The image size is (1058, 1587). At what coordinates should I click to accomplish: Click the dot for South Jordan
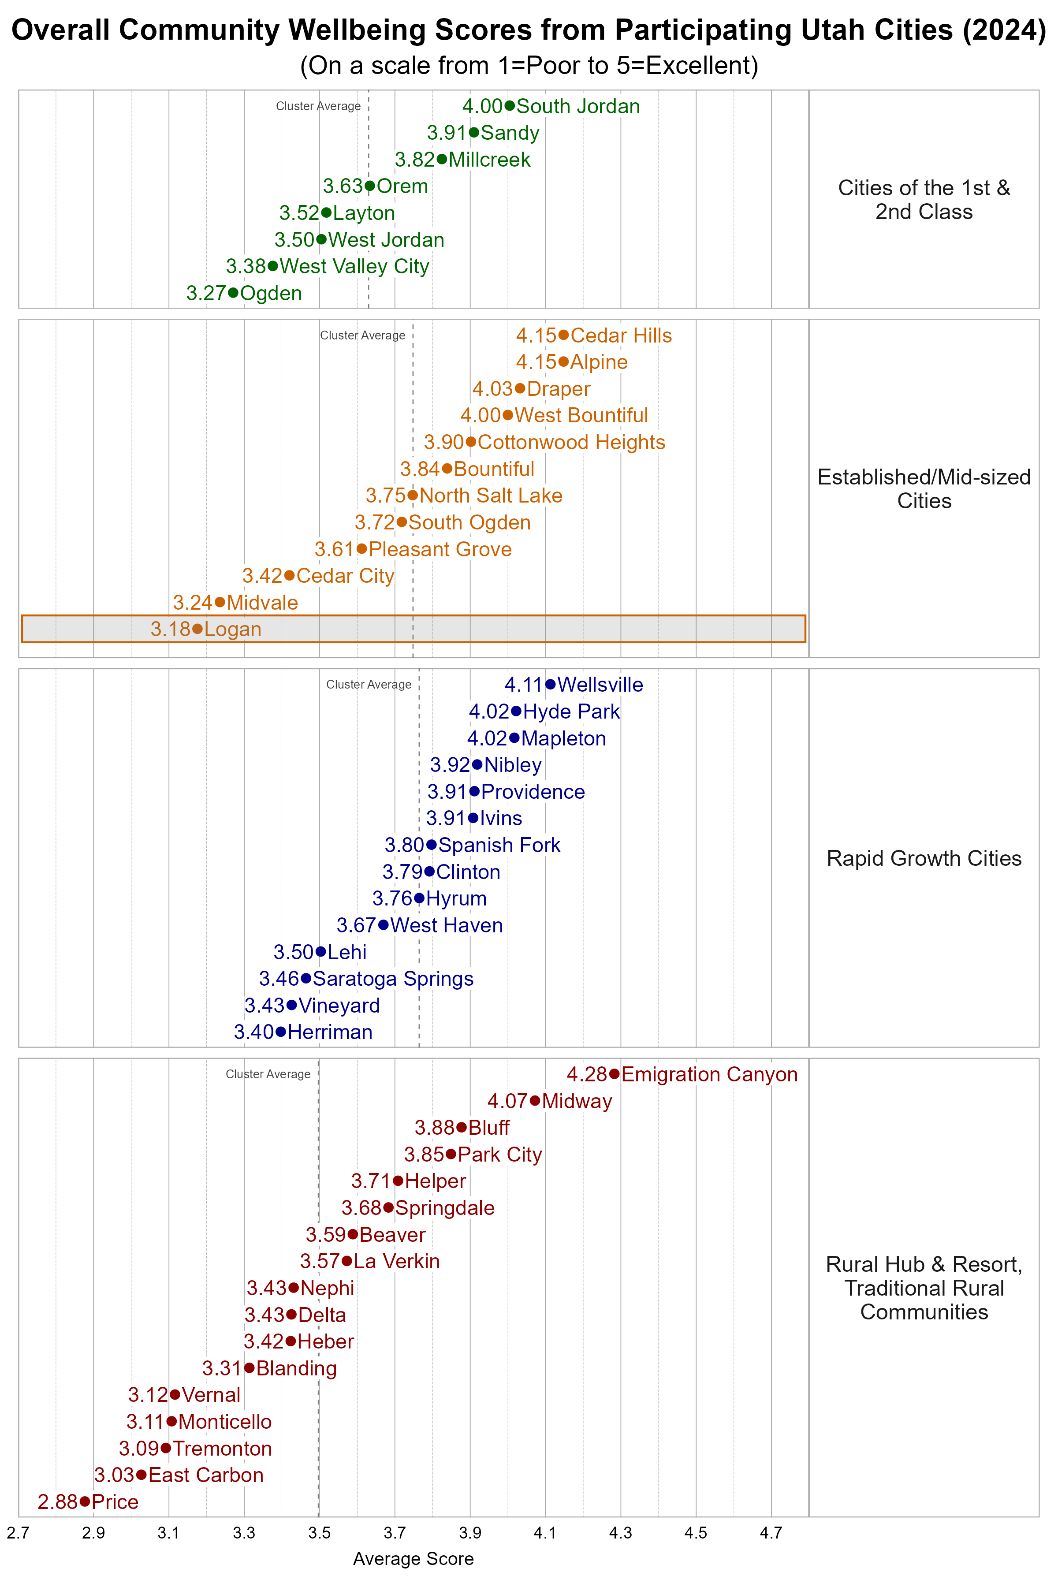[x=510, y=106]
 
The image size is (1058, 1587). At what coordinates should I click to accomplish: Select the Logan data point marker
[x=197, y=628]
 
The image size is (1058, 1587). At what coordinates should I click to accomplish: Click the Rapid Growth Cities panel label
[x=924, y=858]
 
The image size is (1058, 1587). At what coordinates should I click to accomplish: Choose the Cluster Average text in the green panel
[x=318, y=106]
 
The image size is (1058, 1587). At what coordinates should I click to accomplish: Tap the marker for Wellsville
[x=551, y=684]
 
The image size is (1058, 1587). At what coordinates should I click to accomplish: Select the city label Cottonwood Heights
[x=571, y=442]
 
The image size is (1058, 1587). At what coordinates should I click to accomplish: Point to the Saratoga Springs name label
[x=393, y=978]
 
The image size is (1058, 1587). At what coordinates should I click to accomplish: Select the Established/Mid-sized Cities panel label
[x=924, y=488]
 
